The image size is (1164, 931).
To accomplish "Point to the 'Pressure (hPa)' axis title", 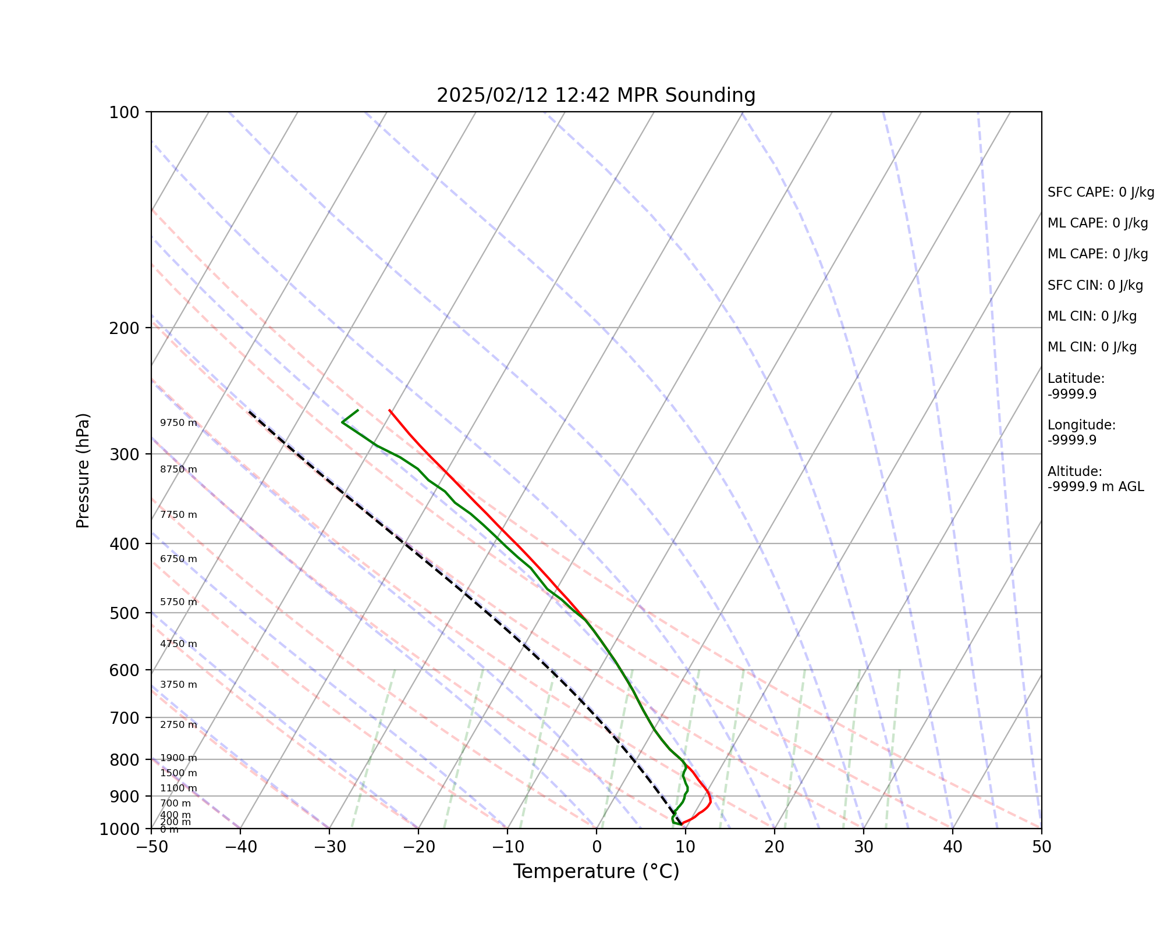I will [83, 470].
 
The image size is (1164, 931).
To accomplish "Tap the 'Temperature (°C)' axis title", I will [596, 872].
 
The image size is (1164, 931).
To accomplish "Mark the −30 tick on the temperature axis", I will [329, 847].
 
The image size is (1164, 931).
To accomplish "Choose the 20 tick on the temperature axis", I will [774, 847].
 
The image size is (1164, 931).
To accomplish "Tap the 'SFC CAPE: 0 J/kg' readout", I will [1101, 193].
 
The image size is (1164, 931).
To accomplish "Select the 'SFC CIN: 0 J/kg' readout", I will [1095, 286].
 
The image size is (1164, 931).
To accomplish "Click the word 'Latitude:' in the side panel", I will [1076, 379].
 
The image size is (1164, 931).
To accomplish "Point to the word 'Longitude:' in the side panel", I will [1081, 425].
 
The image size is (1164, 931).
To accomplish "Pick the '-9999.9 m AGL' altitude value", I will [1095, 487].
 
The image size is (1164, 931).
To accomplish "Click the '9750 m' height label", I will [179, 423].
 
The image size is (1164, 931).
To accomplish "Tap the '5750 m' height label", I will [179, 602].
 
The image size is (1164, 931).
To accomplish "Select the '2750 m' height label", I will [179, 725].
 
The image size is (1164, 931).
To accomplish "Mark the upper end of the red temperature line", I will [389, 410].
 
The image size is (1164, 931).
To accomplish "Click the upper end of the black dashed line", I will [249, 411].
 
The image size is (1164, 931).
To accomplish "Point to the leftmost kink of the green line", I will [342, 422].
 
